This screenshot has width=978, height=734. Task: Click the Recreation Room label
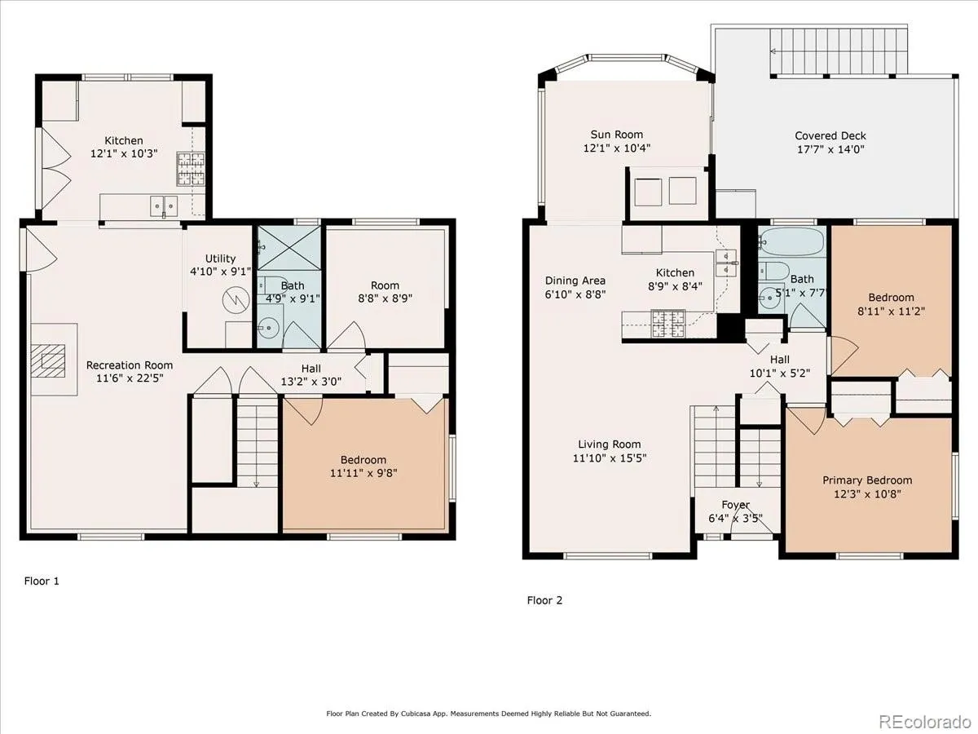coord(130,365)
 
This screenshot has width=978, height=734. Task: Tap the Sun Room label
coord(617,134)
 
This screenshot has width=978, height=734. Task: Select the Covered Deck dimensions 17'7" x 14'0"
coord(830,149)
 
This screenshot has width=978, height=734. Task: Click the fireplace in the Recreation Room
coord(48,360)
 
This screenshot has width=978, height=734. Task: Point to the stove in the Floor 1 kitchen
coord(191,169)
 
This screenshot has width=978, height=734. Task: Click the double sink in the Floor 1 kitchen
coord(164,206)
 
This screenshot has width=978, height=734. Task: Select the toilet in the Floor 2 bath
coord(773,271)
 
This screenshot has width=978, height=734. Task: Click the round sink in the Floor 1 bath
coord(268,329)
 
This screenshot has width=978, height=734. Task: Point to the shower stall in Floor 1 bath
coord(289,248)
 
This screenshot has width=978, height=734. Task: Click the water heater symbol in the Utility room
coord(236,300)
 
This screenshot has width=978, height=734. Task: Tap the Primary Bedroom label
coord(867,480)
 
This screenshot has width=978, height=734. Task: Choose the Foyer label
coord(736,505)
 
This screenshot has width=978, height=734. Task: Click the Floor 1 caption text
coord(42,581)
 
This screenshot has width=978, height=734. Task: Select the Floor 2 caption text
coord(544,600)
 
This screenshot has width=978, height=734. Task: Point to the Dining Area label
coord(575,281)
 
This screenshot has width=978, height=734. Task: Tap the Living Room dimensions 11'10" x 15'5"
coord(610,458)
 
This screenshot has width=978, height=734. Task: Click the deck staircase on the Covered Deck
coord(839,51)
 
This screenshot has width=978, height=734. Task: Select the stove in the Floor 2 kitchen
coord(667,323)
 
